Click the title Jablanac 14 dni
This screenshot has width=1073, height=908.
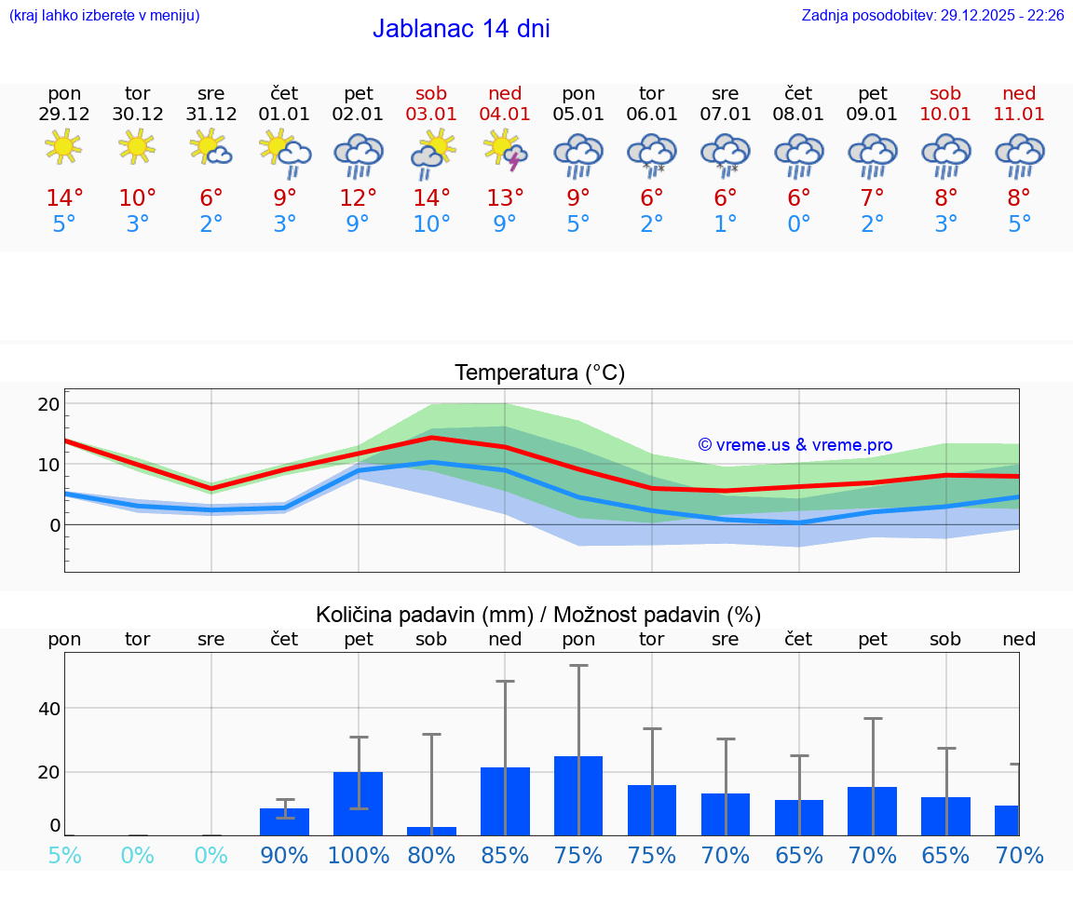point(461,29)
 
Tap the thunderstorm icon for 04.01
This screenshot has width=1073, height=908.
point(505,151)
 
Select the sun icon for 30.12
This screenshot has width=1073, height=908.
point(137,146)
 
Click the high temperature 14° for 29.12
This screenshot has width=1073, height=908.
point(64,197)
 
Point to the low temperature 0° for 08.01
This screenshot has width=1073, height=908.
point(798,224)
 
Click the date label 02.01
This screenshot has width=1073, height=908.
point(358,114)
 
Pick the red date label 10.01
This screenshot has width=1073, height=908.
point(945,114)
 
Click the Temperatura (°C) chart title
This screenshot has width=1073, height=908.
point(539,373)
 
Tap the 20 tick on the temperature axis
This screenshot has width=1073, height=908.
point(48,404)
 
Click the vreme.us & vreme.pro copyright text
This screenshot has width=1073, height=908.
point(795,445)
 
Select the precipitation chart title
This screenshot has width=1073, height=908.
point(538,615)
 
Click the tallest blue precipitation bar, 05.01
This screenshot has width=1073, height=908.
point(578,795)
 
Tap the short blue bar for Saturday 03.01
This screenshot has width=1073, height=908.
point(431,831)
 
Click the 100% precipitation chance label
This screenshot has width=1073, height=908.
point(358,855)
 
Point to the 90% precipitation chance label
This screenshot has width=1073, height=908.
point(284,855)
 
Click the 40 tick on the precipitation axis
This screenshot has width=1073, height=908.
point(48,709)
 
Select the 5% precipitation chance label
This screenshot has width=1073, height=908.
point(64,855)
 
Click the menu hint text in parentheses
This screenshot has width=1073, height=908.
point(104,16)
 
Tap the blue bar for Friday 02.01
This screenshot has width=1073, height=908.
point(358,803)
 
